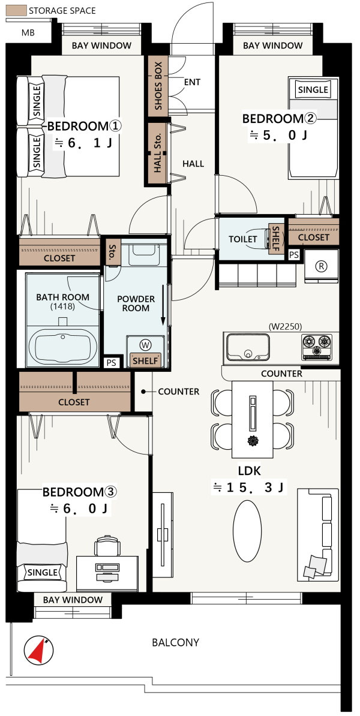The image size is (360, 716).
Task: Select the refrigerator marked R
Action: point(322,266)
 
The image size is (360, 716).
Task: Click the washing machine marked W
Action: point(146,344)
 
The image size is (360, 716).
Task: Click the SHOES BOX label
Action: point(158,85)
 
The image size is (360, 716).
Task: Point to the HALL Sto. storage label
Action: point(158,153)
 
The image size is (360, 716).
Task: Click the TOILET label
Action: point(242,239)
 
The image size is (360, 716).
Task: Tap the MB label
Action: point(28,33)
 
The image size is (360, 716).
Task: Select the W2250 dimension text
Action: point(286,326)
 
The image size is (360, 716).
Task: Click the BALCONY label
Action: point(175,642)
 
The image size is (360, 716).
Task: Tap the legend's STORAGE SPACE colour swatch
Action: point(16,11)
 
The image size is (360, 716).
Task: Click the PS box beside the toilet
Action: point(294,255)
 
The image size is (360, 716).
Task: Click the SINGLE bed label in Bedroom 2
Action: point(313,90)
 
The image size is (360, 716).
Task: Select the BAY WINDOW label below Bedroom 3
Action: point(73,600)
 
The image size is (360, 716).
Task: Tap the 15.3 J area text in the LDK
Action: point(248,488)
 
